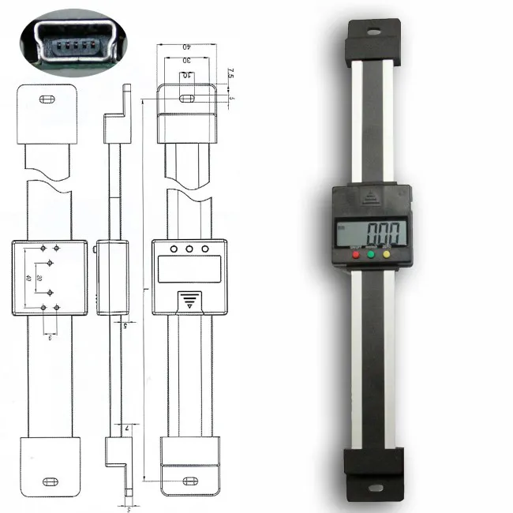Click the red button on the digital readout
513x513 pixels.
pyautogui.click(x=356, y=255)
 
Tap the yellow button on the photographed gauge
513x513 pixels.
pyautogui.click(x=387, y=254)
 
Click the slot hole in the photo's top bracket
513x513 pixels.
pyautogui.click(x=372, y=33)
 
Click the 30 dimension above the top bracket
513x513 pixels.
pyautogui.click(x=187, y=61)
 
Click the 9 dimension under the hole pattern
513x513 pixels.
pyautogui.click(x=50, y=336)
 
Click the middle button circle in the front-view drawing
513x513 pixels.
pyautogui.click(x=189, y=249)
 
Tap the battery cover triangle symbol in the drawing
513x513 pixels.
pyautogui.click(x=188, y=300)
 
